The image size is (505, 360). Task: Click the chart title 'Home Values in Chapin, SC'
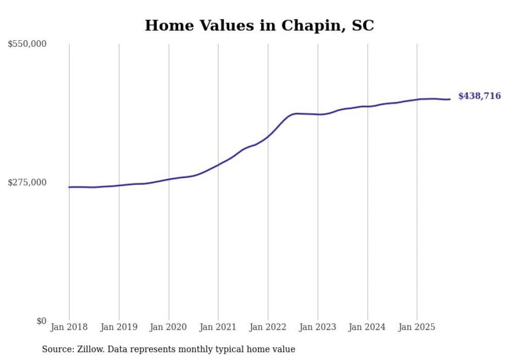pyautogui.click(x=259, y=25)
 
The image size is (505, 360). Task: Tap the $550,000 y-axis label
pyautogui.click(x=27, y=44)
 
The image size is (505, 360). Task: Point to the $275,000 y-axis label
pyautogui.click(x=27, y=182)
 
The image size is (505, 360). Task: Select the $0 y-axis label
pyautogui.click(x=41, y=321)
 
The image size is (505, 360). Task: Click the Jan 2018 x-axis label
pyautogui.click(x=69, y=327)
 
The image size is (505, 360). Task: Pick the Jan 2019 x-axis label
pyautogui.click(x=119, y=327)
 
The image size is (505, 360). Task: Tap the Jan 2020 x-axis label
pyautogui.click(x=169, y=327)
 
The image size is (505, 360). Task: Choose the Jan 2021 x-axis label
pyautogui.click(x=218, y=327)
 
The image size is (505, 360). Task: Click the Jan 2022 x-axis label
pyautogui.click(x=268, y=327)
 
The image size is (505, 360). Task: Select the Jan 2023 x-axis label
pyautogui.click(x=317, y=327)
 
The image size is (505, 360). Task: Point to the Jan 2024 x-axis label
pyautogui.click(x=367, y=327)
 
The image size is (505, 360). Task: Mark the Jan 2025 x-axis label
pyautogui.click(x=417, y=327)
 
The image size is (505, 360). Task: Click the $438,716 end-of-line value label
pyautogui.click(x=479, y=96)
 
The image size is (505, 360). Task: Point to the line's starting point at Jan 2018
pyautogui.click(x=69, y=187)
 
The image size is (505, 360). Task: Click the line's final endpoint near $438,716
pyautogui.click(x=450, y=99)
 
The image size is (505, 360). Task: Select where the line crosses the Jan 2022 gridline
pyautogui.click(x=268, y=136)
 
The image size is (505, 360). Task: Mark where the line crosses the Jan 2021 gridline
pyautogui.click(x=218, y=165)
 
